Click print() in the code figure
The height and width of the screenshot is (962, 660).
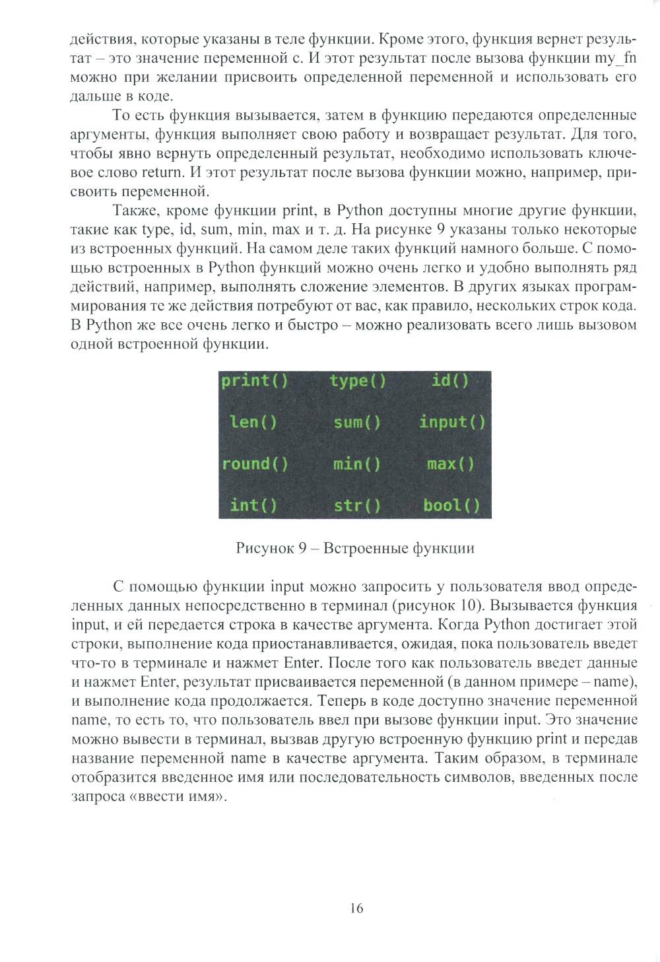coord(254,381)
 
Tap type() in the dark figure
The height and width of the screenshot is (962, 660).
coord(358,381)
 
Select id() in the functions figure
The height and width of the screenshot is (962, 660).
coord(450,381)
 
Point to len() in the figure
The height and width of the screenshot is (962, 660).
coord(253,422)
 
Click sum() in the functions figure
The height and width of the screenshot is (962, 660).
coord(357,422)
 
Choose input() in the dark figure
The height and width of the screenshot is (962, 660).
coord(452,422)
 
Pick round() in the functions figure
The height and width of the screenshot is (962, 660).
coord(255,464)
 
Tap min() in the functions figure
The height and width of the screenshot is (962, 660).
coord(357,464)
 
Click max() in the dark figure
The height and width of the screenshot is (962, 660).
coord(451,464)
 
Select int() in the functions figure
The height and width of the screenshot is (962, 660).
coord(253,505)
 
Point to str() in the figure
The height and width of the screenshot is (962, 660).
coord(357,505)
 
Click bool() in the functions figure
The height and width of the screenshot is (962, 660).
coord(452,505)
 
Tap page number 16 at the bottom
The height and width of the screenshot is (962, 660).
coord(356,909)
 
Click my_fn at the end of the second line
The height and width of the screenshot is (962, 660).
coord(615,58)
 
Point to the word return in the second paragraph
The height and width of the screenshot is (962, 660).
coord(160,173)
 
